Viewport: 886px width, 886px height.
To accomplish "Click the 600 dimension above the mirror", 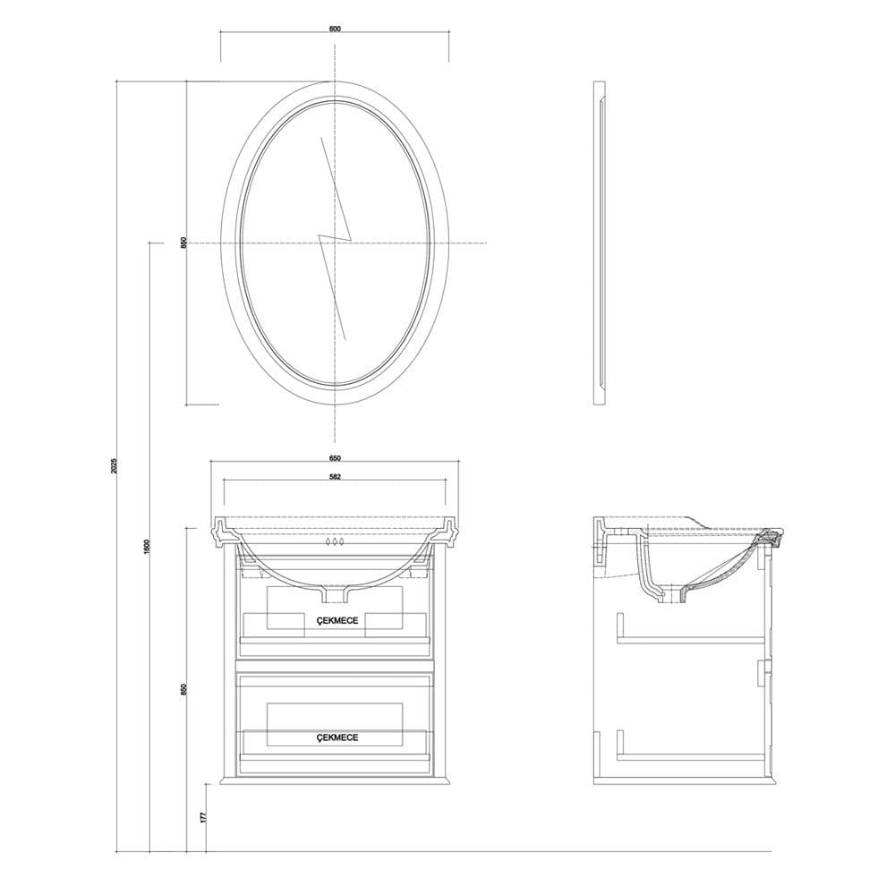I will pos(335,29).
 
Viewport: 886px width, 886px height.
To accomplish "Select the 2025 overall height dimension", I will pos(114,466).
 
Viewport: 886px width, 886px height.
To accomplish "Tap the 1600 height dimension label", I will pos(146,547).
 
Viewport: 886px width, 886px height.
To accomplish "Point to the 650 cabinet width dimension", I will pos(335,457).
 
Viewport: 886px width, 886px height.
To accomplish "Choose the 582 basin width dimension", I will pos(335,477).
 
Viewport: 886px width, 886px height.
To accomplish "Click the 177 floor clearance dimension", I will pos(203,816).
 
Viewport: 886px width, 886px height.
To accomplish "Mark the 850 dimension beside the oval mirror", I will pos(183,243).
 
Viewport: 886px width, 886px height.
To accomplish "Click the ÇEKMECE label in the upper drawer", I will pos(336,618).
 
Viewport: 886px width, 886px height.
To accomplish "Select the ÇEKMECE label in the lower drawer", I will pos(336,737).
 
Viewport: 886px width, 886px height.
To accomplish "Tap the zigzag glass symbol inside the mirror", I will pos(335,240).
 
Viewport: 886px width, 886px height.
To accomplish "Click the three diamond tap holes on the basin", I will pos(334,542).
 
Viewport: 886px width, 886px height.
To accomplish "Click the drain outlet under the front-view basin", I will pos(335,593).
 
